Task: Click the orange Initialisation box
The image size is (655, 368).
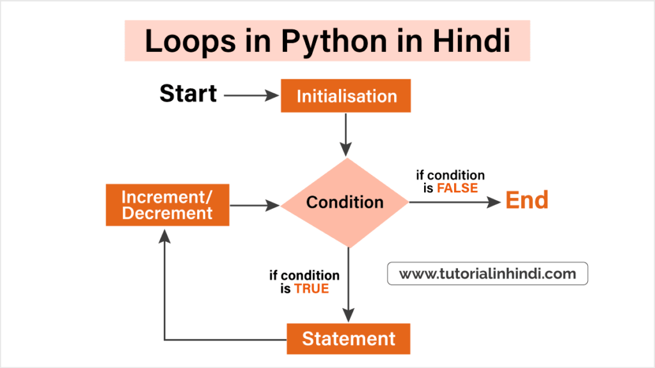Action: tap(345, 96)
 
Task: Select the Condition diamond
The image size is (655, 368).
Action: tap(345, 203)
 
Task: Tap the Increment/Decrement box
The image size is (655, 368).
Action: tap(167, 205)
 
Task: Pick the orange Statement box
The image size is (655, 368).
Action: tap(348, 339)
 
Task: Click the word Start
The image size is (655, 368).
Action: tap(188, 94)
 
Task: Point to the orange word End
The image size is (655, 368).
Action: tap(527, 201)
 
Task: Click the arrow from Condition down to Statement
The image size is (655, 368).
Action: tap(348, 284)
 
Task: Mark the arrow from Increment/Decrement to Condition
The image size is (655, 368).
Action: tap(255, 205)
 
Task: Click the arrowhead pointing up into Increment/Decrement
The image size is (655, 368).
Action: tap(165, 235)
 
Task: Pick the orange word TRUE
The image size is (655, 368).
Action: tap(312, 289)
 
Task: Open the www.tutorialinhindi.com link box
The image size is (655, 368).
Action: tap(487, 274)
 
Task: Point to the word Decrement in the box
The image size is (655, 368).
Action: tap(167, 213)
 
